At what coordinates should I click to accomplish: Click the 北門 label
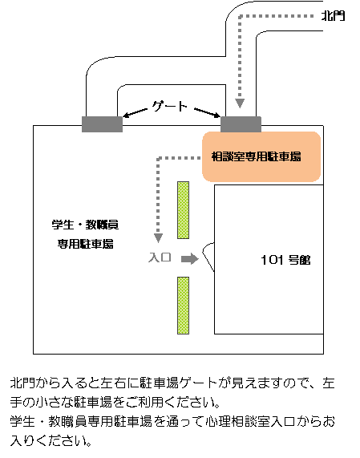tap(333, 16)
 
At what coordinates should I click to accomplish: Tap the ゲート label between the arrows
tap(170, 107)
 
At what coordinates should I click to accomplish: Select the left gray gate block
tap(102, 124)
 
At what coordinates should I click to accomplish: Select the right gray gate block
tap(241, 124)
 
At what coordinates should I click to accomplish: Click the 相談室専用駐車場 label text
tap(256, 157)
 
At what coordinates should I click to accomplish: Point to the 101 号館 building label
tap(285, 260)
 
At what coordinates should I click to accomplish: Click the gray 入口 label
tap(160, 257)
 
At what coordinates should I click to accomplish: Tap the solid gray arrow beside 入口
tap(190, 258)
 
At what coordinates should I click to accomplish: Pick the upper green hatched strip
tap(183, 210)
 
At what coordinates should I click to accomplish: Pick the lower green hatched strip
tap(183, 306)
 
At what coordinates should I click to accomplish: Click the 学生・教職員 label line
tap(85, 225)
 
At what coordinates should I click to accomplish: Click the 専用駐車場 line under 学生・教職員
tap(85, 244)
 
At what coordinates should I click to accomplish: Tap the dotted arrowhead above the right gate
tap(240, 103)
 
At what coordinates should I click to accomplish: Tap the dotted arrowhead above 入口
tap(158, 237)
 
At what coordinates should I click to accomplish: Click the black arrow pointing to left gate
tap(135, 113)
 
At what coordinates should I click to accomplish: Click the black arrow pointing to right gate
tap(208, 113)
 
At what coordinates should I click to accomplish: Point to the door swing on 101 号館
tap(208, 257)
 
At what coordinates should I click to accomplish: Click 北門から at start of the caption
tap(37, 383)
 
